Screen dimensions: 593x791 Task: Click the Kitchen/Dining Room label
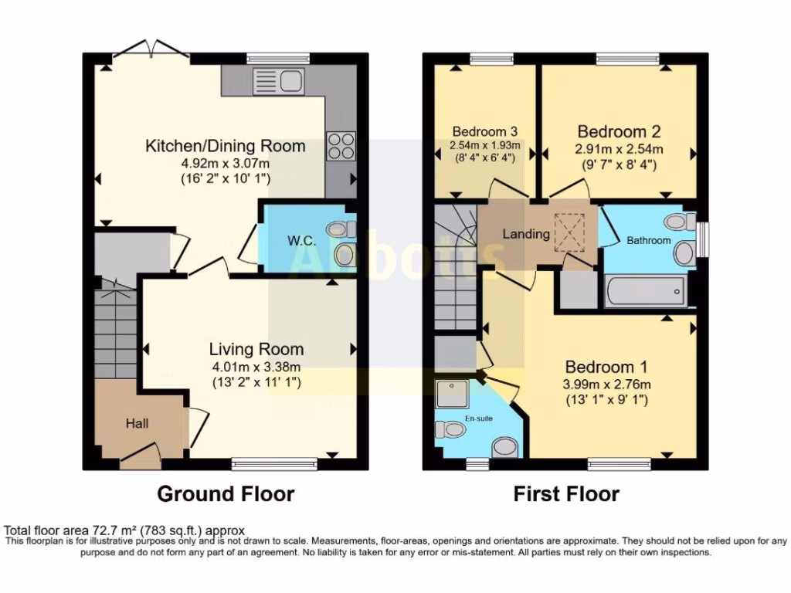[226, 146]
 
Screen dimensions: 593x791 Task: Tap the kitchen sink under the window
[286, 80]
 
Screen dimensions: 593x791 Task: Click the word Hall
[137, 423]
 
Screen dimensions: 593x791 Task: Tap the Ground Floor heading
[226, 493]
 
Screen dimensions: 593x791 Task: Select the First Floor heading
[566, 493]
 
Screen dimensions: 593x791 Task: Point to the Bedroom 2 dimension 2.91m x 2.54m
[619, 149]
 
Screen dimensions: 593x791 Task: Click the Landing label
[526, 234]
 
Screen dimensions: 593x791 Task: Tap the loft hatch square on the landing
[572, 232]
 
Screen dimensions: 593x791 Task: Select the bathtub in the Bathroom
[644, 293]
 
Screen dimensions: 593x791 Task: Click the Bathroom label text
[648, 240]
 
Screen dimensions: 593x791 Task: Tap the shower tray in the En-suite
[451, 395]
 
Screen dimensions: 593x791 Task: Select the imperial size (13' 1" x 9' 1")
[606, 400]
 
